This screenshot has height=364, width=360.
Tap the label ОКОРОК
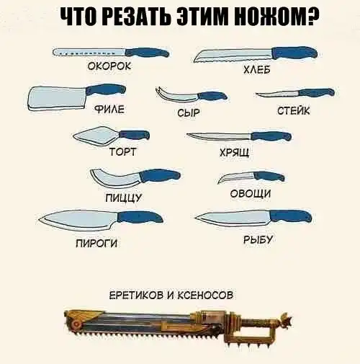click(109, 66)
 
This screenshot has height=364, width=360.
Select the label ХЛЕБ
click(257, 70)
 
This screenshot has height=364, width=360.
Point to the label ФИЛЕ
click(109, 110)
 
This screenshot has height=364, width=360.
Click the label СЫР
click(189, 112)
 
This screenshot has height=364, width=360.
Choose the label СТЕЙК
click(294, 110)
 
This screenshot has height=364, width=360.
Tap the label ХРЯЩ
click(235, 152)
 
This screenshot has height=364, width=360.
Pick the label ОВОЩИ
click(251, 193)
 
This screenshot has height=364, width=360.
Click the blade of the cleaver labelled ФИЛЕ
click(57, 98)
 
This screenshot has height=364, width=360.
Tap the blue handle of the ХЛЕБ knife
click(294, 53)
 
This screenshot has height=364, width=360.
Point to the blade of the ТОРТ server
click(95, 136)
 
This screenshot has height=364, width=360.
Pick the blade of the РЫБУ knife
click(233, 218)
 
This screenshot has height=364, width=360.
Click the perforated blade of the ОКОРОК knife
click(89, 53)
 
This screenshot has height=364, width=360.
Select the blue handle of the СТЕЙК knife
click(316, 92)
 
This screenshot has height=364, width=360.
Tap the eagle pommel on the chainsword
click(285, 320)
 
